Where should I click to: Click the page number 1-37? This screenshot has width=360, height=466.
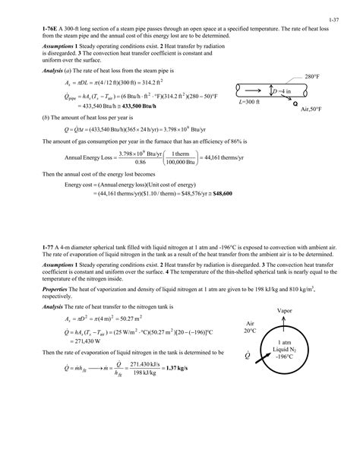click(335, 13)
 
